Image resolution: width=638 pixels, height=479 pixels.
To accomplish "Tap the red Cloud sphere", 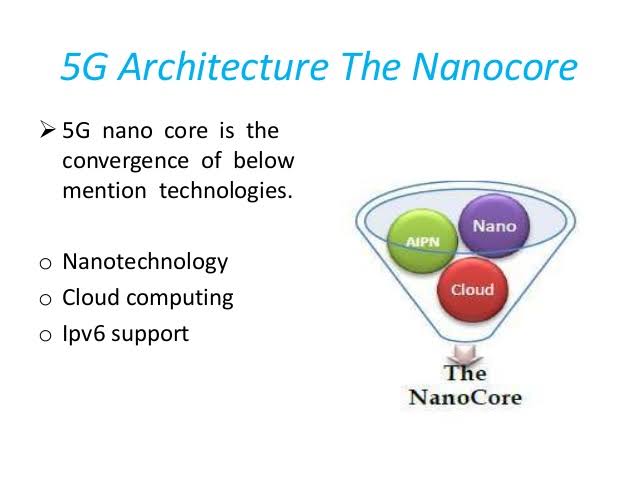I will tap(473, 289).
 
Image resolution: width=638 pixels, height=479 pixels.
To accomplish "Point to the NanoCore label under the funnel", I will tap(465, 396).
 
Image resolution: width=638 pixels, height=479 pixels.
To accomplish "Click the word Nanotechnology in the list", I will tap(145, 262).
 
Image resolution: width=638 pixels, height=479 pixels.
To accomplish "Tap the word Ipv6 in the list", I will tap(83, 334).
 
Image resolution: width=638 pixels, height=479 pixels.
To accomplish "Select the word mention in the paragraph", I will tap(104, 190).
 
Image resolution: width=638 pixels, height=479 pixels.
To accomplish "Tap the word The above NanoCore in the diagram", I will tap(465, 373).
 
